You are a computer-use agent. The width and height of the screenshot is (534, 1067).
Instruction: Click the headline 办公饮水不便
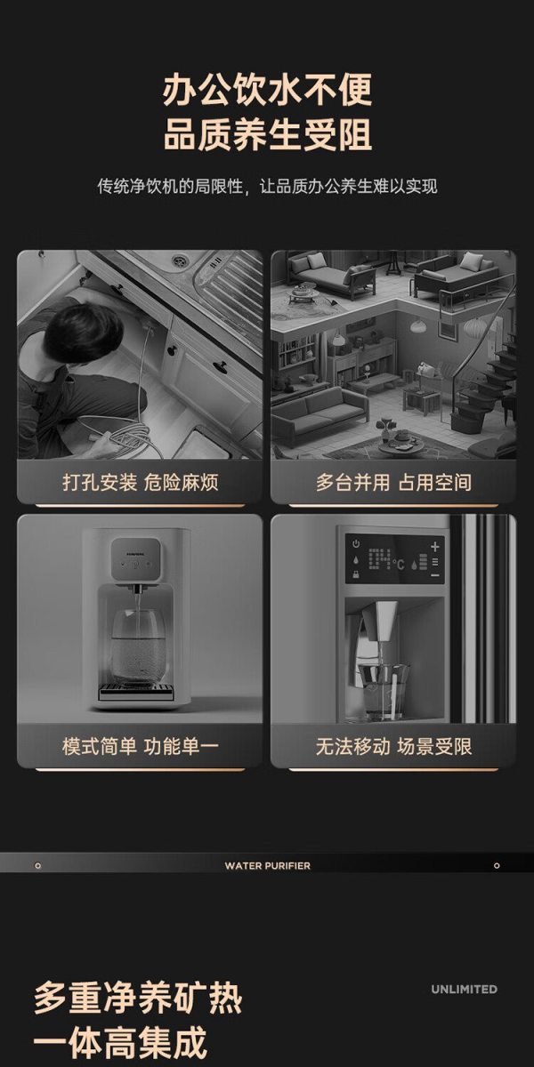267,90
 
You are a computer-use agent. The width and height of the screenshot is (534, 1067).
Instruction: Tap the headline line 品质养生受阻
267,135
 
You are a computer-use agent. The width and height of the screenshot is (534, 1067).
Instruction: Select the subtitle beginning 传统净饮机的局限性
267,186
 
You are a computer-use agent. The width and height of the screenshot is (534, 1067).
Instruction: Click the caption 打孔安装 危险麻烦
141,483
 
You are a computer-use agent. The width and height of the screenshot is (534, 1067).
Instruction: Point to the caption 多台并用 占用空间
393,483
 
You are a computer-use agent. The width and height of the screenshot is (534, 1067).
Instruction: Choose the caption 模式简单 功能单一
141,746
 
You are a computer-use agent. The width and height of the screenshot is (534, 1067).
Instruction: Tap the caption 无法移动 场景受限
393,746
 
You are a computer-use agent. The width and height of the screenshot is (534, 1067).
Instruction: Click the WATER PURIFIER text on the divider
268,865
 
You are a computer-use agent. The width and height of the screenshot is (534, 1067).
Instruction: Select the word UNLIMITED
464,990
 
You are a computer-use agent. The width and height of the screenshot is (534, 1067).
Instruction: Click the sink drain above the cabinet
179,260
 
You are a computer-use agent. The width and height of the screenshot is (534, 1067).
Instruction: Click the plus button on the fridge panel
435,546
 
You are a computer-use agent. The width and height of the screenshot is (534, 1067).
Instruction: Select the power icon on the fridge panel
356,543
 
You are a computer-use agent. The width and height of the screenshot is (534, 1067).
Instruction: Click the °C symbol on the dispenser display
399,564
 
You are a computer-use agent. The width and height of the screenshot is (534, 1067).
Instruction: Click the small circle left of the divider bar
38,865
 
